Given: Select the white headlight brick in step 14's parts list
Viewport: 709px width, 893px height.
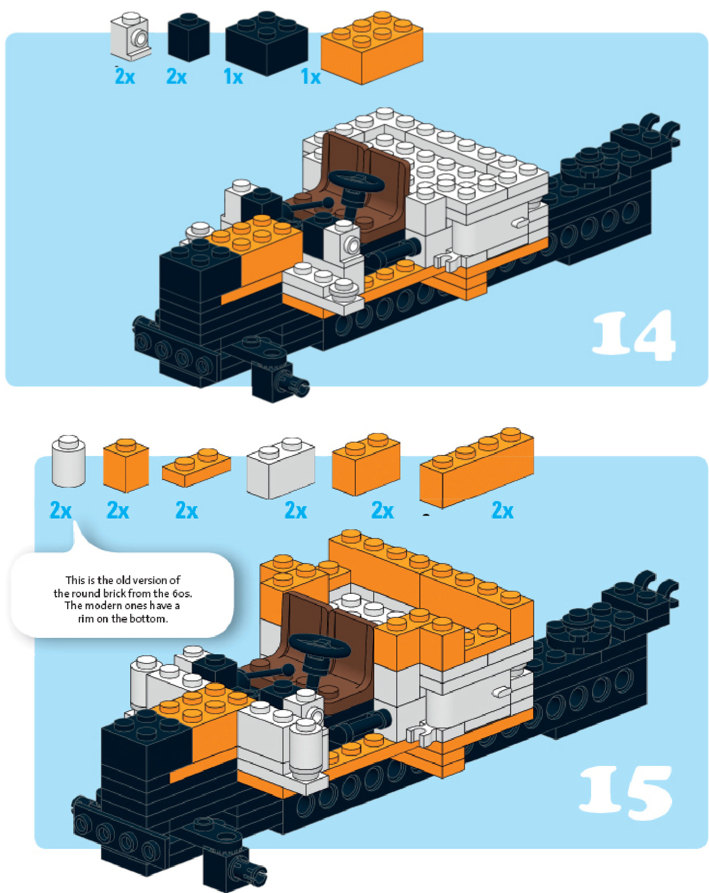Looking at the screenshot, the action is (130, 36).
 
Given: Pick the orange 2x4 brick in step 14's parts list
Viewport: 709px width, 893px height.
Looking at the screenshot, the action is (372, 47).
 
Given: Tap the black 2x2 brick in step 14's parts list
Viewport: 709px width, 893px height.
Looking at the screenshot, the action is (267, 43).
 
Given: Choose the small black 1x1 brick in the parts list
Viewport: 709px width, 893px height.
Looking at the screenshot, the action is (189, 37).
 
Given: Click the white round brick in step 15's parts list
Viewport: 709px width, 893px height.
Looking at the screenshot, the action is (69, 461).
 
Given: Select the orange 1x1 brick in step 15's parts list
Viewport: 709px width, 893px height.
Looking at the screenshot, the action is (126, 465).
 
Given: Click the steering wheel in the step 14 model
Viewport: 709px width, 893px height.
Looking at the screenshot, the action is (356, 182).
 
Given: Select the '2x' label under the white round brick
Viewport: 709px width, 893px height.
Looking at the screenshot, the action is (61, 510).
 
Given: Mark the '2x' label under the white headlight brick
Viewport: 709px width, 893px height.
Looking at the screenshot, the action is (125, 76).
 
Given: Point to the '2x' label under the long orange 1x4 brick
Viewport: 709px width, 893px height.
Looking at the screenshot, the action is (503, 510).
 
